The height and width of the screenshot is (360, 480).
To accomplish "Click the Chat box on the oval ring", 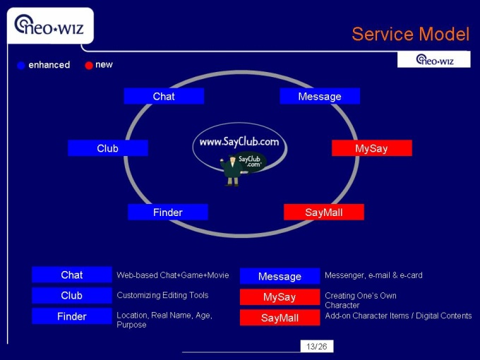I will coord(164,96).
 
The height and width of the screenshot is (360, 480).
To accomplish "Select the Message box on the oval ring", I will coord(320,96).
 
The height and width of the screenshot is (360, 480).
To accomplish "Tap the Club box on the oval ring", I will coord(108,148).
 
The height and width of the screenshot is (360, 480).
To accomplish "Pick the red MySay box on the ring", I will coord(371,148).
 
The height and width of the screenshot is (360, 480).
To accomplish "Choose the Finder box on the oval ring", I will coord(168,212).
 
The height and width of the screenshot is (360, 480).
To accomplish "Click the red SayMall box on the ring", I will coord(323,212).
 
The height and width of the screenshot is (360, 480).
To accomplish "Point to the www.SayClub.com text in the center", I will coord(239,142).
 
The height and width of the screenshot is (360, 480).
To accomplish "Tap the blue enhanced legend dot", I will coord(21,66).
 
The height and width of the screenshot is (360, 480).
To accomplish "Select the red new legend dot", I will coord(89,66).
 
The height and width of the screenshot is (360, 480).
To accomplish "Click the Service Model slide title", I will coord(410,34).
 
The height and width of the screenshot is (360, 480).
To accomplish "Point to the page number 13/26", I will coord(317,346).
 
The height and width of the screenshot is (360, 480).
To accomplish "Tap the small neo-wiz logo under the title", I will coord(433,60).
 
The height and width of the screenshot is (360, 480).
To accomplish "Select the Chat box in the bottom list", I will coord(72,275).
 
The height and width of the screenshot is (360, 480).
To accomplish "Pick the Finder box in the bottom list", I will coord(72,316).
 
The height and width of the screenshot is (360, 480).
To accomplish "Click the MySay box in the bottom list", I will coord(280,297).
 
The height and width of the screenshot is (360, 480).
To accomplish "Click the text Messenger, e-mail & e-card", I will coord(373,275).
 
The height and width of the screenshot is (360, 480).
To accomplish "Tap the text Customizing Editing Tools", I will coord(162,295).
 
